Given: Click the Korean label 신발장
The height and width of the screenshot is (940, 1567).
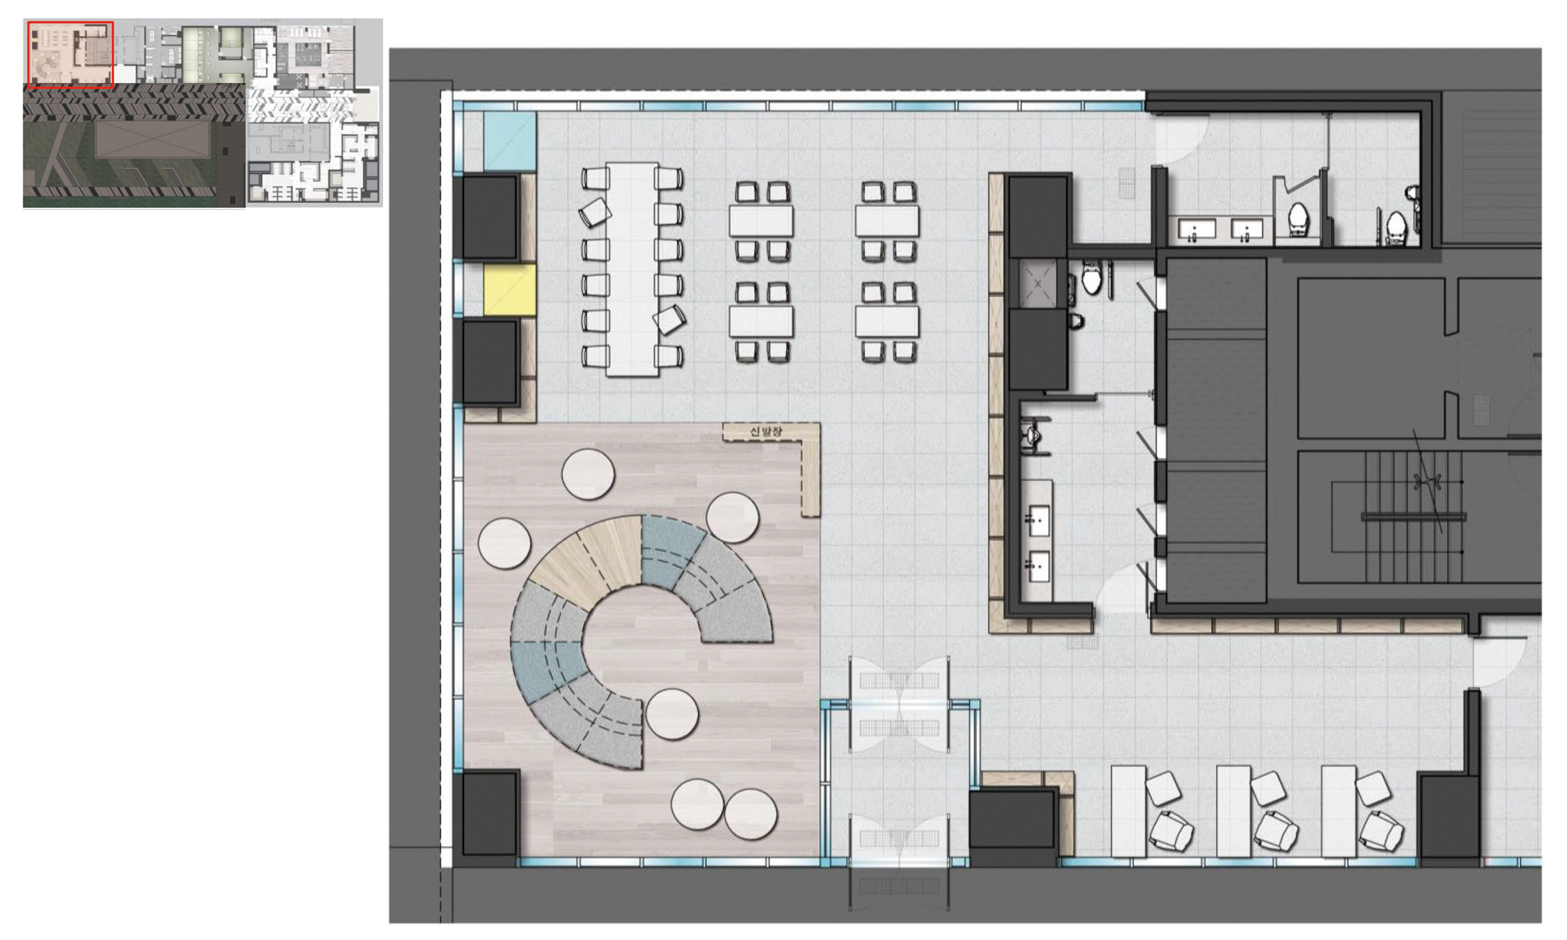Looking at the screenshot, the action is tap(765, 432).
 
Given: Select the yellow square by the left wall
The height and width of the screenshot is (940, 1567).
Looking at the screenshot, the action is tap(509, 290).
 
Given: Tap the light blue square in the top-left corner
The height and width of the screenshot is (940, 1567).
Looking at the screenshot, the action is tap(510, 141).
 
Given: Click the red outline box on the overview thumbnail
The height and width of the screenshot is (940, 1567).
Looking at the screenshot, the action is tap(71, 54).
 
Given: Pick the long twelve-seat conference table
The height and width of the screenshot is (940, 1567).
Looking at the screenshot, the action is tap(632, 269).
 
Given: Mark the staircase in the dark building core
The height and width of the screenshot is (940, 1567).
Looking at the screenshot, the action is tap(1414, 517).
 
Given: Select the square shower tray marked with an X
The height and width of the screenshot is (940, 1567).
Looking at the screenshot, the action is tap(1037, 283).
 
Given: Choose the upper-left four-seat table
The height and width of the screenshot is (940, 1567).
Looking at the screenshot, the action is tap(762, 221).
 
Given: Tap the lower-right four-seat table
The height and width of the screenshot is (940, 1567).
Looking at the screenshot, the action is tap(887, 321).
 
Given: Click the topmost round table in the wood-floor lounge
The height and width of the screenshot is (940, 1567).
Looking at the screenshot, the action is tap(588, 474).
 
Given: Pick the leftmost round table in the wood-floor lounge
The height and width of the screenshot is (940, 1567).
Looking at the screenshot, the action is tap(505, 543).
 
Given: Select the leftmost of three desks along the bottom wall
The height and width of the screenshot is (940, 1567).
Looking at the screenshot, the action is tap(1128, 812).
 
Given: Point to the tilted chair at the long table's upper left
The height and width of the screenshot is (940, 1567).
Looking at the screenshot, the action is tap(595, 212).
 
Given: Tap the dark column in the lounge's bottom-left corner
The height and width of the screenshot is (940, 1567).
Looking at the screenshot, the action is tap(490, 812).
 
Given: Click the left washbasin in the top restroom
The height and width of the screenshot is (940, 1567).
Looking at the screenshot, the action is tap(1197, 229).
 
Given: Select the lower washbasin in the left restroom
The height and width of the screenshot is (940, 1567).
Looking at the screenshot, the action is tap(1038, 566).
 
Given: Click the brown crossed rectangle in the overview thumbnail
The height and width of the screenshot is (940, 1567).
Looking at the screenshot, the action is tap(154, 139).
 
